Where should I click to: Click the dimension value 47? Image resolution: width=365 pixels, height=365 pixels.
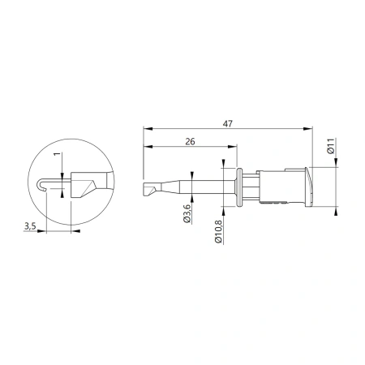[228, 124]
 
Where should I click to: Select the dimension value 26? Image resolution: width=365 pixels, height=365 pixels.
[190, 141]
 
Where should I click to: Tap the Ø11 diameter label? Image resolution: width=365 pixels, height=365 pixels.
[331, 146]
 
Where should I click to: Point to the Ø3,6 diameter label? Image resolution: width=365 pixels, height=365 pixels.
[187, 213]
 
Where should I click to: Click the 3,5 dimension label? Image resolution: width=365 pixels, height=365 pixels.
[30, 225]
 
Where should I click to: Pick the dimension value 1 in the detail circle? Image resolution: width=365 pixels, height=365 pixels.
[57, 154]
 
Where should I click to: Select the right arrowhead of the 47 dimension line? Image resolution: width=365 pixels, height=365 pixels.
[307, 129]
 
